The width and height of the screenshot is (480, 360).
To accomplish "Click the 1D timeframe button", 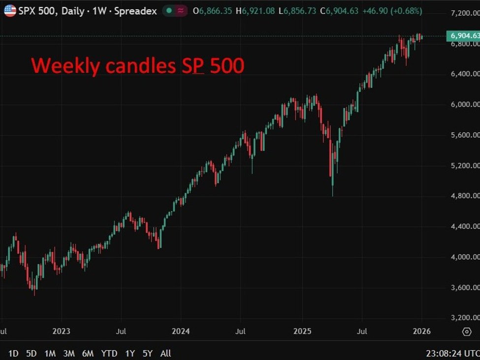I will click(x=14, y=353).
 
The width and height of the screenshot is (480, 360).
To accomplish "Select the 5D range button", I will click(x=32, y=353).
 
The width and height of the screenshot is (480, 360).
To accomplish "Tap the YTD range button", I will click(x=109, y=353).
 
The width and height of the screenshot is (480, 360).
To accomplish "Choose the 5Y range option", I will click(x=148, y=353).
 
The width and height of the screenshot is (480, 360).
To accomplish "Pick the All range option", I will click(x=166, y=353).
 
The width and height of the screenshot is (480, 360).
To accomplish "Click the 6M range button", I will click(x=88, y=353).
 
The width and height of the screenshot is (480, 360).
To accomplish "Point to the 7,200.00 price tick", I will click(x=464, y=13).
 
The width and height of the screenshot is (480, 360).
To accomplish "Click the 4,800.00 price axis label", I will click(x=464, y=196).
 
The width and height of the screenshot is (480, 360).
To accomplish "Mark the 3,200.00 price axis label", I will click(x=464, y=318).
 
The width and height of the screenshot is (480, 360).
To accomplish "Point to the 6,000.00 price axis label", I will click(x=464, y=104).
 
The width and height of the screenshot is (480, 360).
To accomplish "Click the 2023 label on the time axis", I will click(x=61, y=331).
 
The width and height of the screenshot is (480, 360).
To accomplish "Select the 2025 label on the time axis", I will click(x=303, y=331).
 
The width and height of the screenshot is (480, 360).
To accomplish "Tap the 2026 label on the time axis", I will click(x=422, y=331).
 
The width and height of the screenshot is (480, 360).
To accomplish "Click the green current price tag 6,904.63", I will click(x=463, y=36).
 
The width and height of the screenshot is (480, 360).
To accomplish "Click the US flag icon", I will click(x=10, y=10).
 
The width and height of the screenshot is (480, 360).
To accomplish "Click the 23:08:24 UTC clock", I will click(x=452, y=353).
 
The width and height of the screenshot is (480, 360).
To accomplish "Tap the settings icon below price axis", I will click(x=467, y=332).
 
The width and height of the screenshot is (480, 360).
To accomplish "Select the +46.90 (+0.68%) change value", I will click(x=392, y=10).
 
